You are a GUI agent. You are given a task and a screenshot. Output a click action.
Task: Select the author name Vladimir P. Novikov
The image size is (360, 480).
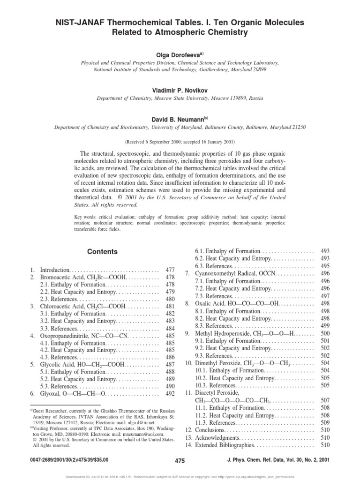click(180, 90)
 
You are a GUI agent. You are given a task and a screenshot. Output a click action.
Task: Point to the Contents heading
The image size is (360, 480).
click(103, 252)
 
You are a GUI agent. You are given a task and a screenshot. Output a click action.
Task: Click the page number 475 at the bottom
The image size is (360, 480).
click(180, 461)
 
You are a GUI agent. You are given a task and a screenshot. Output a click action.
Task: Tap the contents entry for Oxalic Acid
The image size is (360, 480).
click(230, 304)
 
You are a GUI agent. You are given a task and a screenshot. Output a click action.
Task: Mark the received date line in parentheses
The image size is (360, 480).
click(180, 141)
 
